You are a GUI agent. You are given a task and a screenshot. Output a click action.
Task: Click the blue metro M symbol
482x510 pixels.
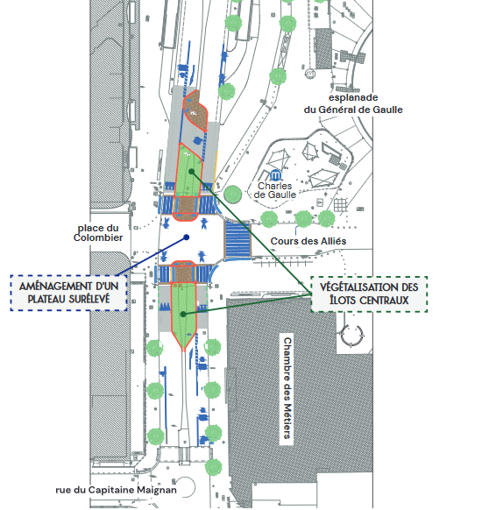click(276, 175)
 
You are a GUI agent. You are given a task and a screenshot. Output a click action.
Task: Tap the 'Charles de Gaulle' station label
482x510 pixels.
click(275, 190)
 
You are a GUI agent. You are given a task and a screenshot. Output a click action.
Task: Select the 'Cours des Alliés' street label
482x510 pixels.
click(308, 241)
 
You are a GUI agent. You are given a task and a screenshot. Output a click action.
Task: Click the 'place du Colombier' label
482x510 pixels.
click(98, 232)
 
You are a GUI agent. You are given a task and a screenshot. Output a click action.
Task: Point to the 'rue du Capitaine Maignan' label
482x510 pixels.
click(116, 490)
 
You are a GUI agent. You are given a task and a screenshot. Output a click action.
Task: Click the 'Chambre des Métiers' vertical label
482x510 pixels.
click(287, 388)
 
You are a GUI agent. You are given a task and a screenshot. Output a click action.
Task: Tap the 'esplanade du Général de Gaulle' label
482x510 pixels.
click(353, 103)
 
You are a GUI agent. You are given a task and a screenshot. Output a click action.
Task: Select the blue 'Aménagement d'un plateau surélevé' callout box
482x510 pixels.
click(68, 293)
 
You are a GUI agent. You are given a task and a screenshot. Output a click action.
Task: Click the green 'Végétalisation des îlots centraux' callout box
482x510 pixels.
click(369, 294)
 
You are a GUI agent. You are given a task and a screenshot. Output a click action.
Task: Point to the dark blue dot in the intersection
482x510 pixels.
click(187, 237)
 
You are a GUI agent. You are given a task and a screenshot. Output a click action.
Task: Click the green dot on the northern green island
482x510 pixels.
click(192, 172)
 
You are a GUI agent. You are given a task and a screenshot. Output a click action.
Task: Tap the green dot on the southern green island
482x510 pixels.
click(183, 315)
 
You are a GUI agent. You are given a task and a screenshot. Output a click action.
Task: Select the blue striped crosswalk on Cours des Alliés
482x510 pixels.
click(237, 240)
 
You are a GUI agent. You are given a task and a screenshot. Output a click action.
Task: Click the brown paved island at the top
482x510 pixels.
click(195, 110)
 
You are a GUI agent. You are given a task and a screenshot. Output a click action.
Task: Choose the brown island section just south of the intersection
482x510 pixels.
click(183, 272)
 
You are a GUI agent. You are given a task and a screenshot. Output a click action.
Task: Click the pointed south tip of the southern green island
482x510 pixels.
click(184, 351)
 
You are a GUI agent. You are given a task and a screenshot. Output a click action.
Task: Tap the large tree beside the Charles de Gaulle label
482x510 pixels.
click(233, 195)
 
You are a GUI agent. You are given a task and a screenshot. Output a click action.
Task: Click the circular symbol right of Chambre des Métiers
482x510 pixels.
click(351, 336)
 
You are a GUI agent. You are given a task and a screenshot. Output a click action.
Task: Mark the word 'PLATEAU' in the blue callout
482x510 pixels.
click(49, 299)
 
